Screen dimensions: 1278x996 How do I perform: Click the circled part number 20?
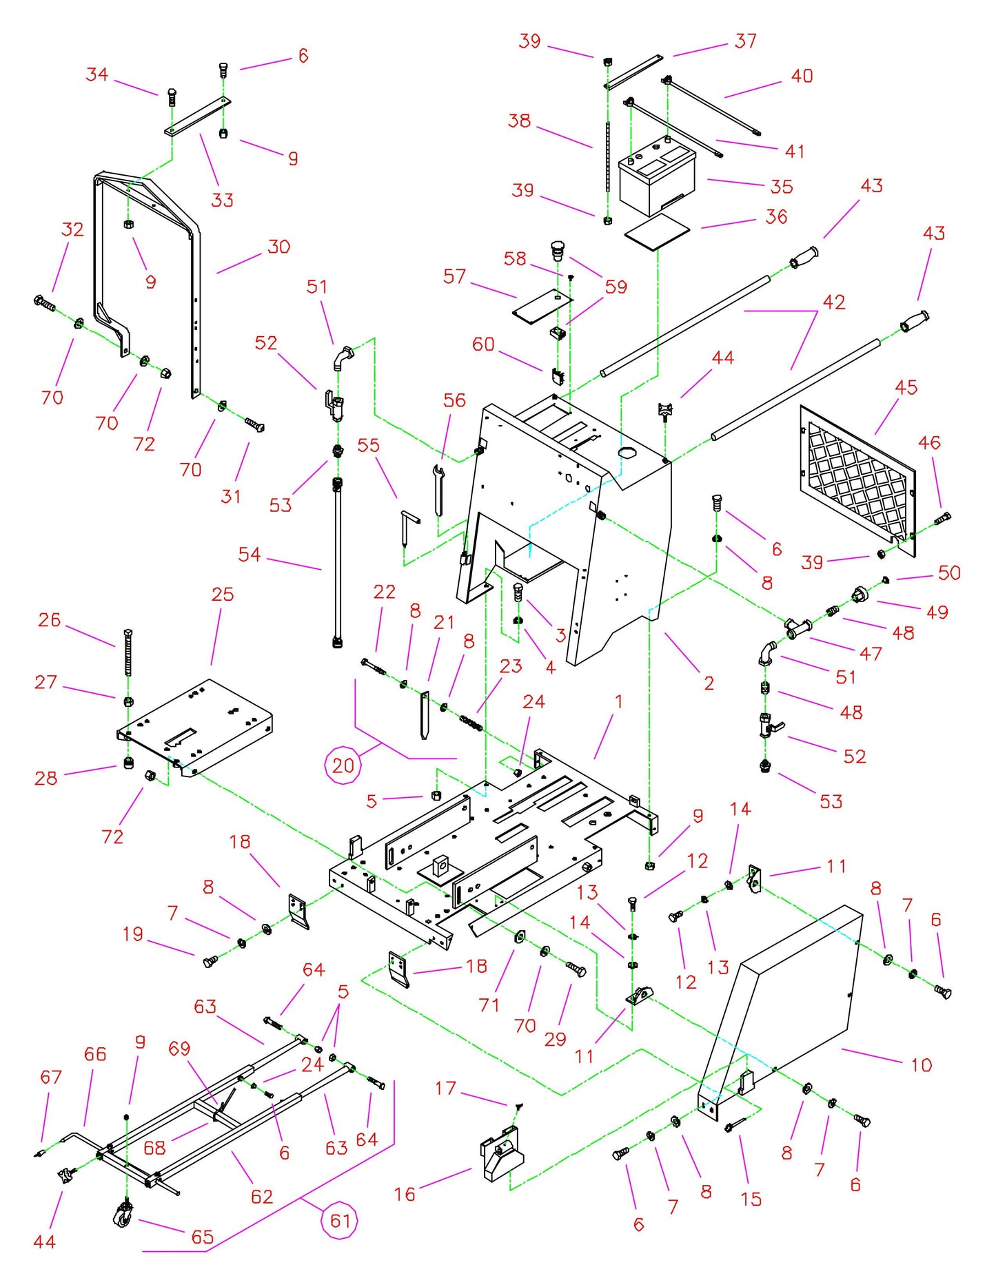(x=343, y=765)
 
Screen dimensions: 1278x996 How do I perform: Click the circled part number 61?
(x=341, y=1221)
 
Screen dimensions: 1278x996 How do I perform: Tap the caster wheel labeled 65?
(x=124, y=1214)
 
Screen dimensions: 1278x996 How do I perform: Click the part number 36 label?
(x=776, y=216)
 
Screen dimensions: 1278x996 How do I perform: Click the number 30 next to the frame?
(x=278, y=247)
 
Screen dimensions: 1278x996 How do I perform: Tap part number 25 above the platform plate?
(x=222, y=594)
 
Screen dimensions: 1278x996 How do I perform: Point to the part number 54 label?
(x=249, y=554)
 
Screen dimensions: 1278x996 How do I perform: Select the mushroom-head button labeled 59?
(x=557, y=249)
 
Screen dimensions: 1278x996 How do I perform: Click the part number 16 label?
(x=405, y=1193)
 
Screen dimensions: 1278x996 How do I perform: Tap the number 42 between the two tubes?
(x=834, y=302)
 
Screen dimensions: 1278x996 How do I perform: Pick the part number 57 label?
(x=454, y=276)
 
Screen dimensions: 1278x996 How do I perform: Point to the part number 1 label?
(x=618, y=701)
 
